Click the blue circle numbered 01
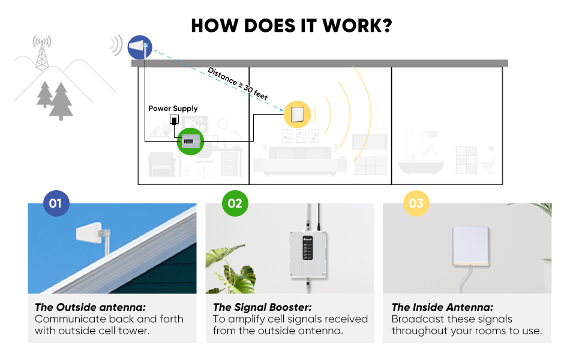56,204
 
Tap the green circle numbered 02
235,204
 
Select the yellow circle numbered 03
416,204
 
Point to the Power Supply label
173,109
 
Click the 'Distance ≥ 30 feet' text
237,83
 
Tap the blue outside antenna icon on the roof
140,47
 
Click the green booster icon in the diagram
191,142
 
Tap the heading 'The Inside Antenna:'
442,307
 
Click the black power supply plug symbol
175,121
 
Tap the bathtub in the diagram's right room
420,165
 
